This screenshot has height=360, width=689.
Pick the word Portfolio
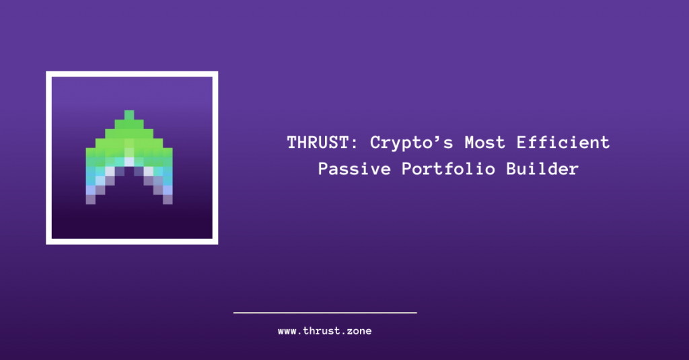pyautogui.click(x=447, y=169)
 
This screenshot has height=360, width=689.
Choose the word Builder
pyautogui.click(x=544, y=169)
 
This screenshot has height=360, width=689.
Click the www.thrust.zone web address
pyautogui.click(x=325, y=331)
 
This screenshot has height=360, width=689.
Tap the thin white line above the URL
pyautogui.click(x=325, y=312)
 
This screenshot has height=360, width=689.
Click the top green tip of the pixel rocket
pyautogui.click(x=129, y=114)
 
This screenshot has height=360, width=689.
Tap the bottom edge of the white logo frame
pyautogui.click(x=132, y=241)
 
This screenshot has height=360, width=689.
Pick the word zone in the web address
pyautogui.click(x=358, y=331)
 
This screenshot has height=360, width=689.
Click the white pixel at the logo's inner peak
pyautogui.click(x=129, y=161)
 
